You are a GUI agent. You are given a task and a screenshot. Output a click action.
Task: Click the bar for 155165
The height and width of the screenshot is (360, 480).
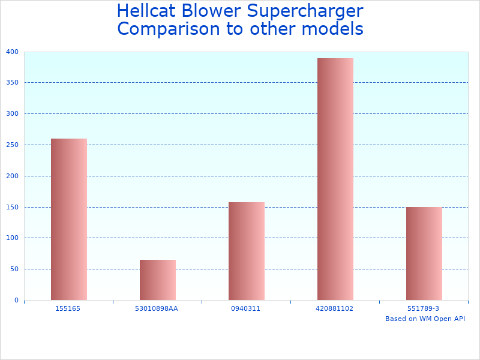pyautogui.click(x=68, y=219)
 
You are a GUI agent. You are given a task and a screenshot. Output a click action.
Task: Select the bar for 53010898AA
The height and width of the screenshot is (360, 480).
pyautogui.click(x=157, y=280)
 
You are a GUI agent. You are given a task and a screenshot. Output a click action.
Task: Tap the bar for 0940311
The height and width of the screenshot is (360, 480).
pyautogui.click(x=246, y=251)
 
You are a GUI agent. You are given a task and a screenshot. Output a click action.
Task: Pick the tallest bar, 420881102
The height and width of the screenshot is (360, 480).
pyautogui.click(x=335, y=179)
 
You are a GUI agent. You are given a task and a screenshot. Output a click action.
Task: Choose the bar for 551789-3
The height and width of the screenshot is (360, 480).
pyautogui.click(x=424, y=253)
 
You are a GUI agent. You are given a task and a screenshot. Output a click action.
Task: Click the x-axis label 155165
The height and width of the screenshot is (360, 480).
pyautogui.click(x=68, y=308)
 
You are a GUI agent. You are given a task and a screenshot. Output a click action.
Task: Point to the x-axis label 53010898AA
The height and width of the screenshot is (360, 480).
pyautogui.click(x=157, y=308)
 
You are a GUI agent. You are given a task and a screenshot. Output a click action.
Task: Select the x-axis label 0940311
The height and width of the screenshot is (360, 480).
pyautogui.click(x=246, y=308)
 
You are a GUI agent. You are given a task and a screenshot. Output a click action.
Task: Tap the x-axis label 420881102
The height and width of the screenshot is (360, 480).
pyautogui.click(x=335, y=308)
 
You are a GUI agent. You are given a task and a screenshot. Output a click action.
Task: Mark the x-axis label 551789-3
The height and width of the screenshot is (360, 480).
pyautogui.click(x=424, y=308)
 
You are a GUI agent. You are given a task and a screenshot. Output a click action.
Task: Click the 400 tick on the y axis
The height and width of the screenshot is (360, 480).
pyautogui.click(x=13, y=52)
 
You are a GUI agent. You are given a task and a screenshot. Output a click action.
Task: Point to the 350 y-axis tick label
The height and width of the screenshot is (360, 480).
pyautogui.click(x=13, y=83)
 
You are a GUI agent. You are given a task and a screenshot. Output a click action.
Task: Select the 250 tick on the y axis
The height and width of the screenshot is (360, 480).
pyautogui.click(x=13, y=145)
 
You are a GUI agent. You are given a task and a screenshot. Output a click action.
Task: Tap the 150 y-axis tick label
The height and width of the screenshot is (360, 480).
pyautogui.click(x=13, y=207)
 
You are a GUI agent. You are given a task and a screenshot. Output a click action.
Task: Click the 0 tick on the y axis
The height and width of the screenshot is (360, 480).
pyautogui.click(x=16, y=300)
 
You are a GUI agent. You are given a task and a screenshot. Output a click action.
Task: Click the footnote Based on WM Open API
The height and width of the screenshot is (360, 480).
pyautogui.click(x=425, y=319)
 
